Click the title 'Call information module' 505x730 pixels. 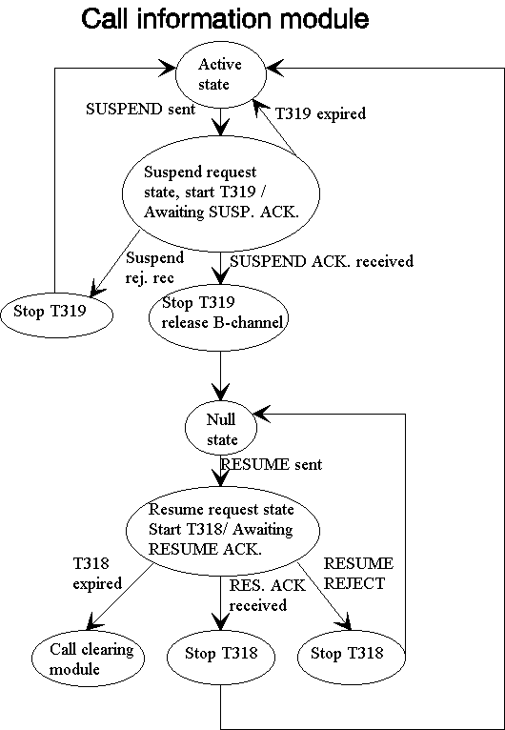click(225, 20)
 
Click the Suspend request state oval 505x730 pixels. click(221, 192)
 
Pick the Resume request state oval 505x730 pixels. click(223, 529)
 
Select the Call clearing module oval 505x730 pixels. click(88, 658)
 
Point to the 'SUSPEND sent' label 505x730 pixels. click(141, 110)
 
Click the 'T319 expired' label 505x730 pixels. click(321, 113)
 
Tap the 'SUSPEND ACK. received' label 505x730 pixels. click(322, 261)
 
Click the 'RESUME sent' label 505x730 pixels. click(271, 464)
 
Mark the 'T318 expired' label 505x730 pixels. click(97, 573)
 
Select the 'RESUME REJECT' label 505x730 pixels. click(358, 573)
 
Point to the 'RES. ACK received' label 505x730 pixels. click(268, 595)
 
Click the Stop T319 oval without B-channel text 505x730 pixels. click(57, 312)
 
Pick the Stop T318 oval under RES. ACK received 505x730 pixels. click(221, 653)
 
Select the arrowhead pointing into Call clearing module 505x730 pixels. click(94, 620)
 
